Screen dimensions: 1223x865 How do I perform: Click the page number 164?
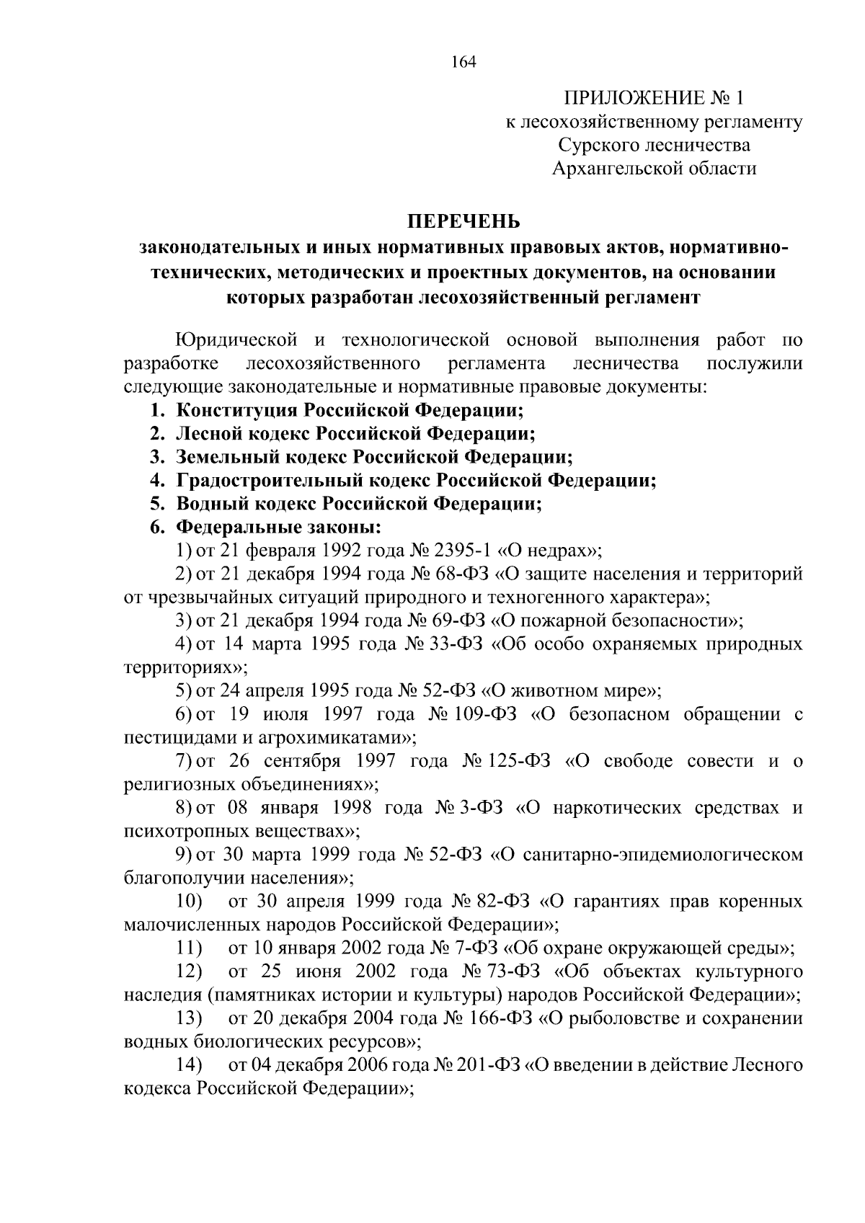[464, 62]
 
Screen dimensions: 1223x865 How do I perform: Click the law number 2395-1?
[463, 551]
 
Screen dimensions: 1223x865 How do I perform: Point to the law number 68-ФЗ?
[462, 574]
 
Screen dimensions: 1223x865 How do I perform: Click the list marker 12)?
[190, 971]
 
